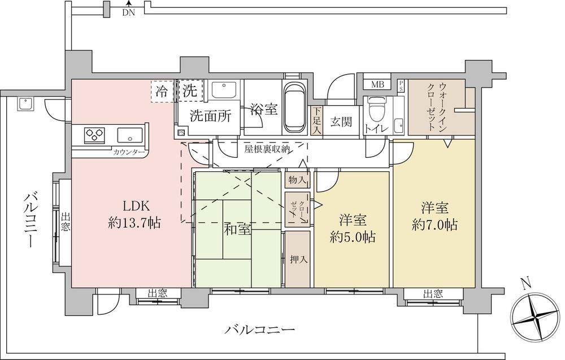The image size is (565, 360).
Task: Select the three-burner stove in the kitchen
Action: [x=94, y=135]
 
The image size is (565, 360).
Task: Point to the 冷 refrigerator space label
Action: [x=162, y=92]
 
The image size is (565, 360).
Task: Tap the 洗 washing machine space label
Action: [x=190, y=91]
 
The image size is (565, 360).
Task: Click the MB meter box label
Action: [x=377, y=85]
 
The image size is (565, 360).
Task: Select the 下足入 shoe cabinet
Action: [x=317, y=121]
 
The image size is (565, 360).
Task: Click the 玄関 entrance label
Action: [x=341, y=122]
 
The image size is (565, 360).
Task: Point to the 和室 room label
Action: [x=237, y=229]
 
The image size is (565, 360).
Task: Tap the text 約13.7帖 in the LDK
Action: [x=134, y=223]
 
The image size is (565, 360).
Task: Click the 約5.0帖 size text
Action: [x=353, y=237]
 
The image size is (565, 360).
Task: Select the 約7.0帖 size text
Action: [x=435, y=225]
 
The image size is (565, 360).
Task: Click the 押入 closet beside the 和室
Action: [x=298, y=259]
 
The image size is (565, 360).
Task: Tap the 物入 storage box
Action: [x=297, y=180]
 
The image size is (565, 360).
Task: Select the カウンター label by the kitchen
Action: [x=129, y=152]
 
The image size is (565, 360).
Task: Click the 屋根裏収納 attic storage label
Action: [x=267, y=149]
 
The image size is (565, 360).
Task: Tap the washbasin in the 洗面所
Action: [x=223, y=90]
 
